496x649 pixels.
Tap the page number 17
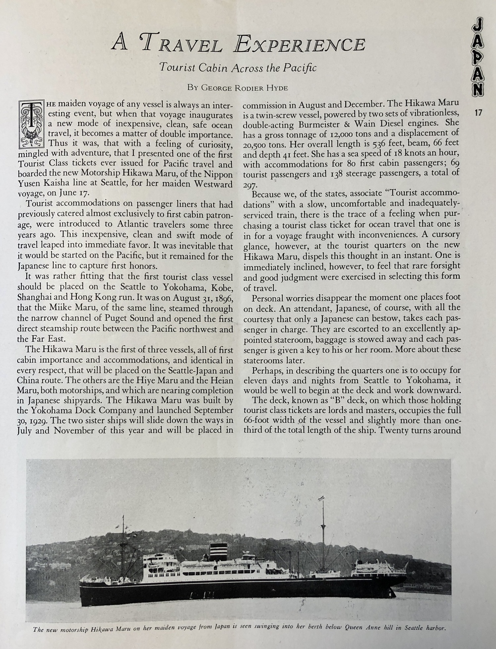pyautogui.click(x=478, y=113)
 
